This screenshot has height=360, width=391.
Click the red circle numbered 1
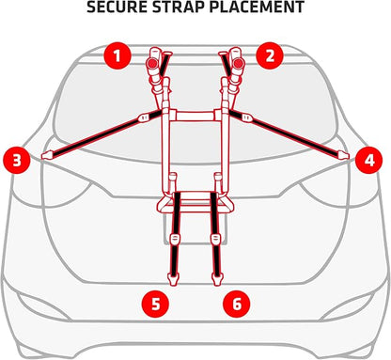click(x=117, y=56)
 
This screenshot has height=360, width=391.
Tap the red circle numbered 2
click(x=270, y=56)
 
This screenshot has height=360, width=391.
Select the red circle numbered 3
click(x=17, y=160)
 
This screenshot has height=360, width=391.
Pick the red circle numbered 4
click(x=369, y=160)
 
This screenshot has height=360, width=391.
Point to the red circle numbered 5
click(x=155, y=304)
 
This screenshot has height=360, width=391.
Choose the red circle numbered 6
click(x=237, y=304)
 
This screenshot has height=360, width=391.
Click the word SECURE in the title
click(x=117, y=7)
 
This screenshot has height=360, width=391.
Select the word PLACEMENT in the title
click(x=257, y=7)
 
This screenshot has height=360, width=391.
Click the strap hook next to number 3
click(x=48, y=155)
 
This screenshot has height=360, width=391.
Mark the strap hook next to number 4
click(x=343, y=155)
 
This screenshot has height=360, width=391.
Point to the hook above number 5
click(x=173, y=278)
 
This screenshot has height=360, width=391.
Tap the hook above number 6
click(x=216, y=278)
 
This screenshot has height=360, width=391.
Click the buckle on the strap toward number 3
click(x=144, y=117)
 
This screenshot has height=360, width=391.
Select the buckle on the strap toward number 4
click(x=247, y=117)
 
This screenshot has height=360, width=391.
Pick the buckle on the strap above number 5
click(x=174, y=239)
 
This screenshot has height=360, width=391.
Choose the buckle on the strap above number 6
click(x=215, y=239)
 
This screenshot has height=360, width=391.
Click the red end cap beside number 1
click(x=152, y=64)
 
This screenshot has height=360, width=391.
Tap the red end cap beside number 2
click(x=238, y=64)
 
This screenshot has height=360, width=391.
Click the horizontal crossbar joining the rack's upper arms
click(x=195, y=116)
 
